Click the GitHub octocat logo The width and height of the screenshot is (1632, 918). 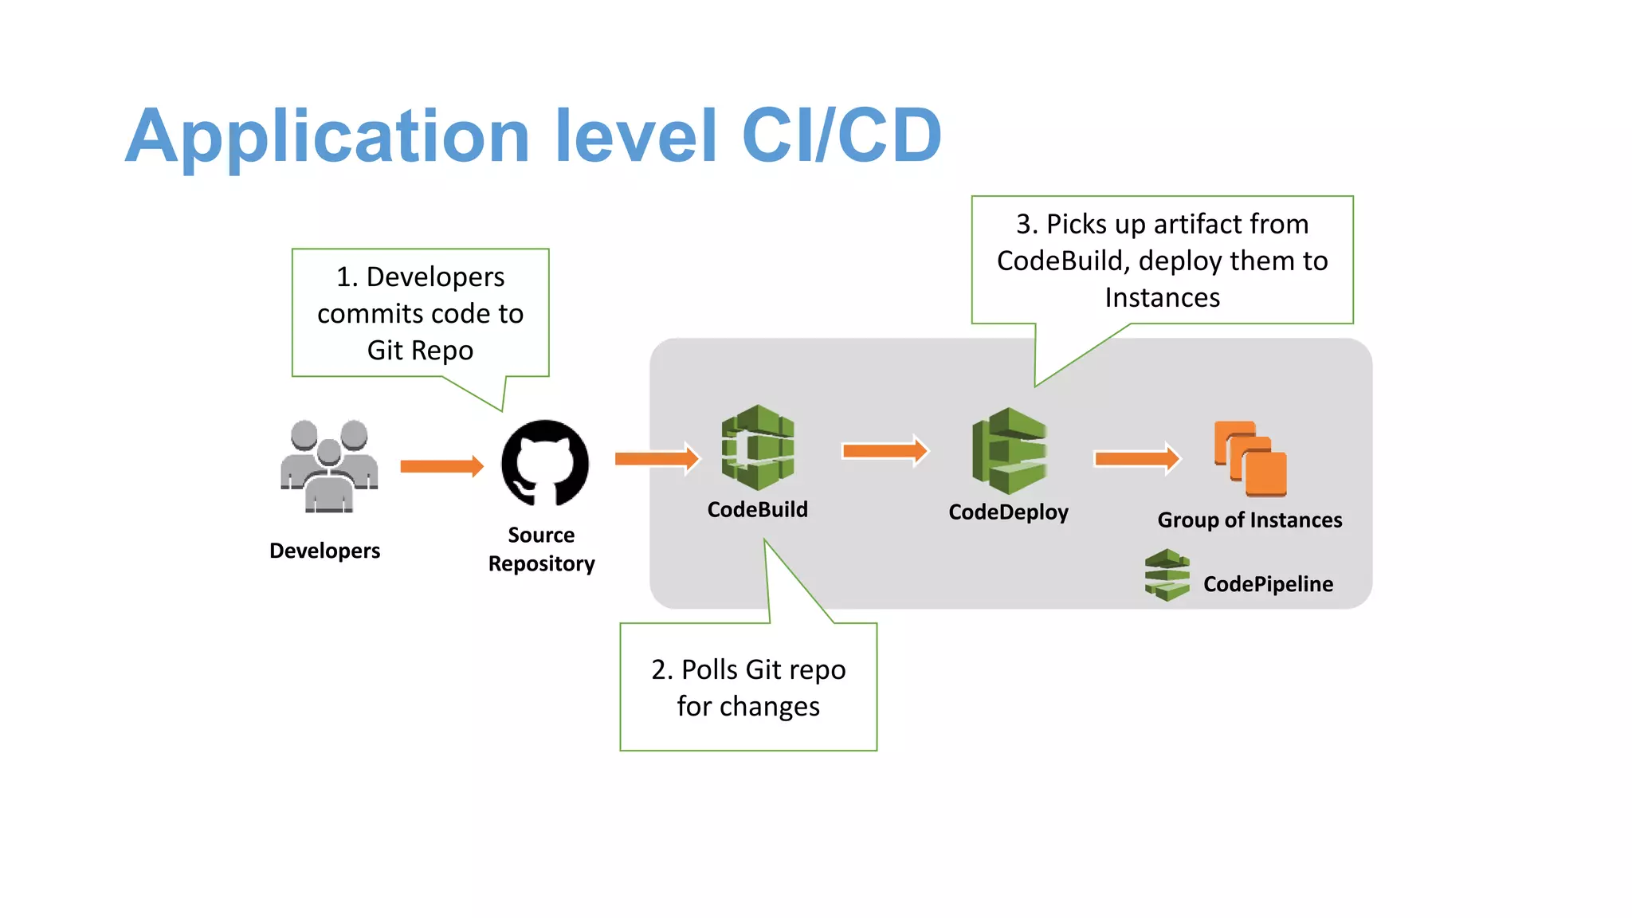(545, 463)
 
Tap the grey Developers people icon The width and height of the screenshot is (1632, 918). (329, 466)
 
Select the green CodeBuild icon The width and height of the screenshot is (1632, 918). (758, 447)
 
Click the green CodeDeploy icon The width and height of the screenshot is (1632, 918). (1009, 451)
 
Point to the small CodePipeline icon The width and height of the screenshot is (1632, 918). (1167, 575)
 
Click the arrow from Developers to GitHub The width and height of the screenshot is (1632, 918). (441, 466)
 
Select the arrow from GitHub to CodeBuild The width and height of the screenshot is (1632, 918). (657, 458)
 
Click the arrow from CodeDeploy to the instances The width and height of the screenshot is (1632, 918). (1136, 458)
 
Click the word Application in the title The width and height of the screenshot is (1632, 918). (327, 137)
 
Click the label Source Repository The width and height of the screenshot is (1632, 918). (541, 549)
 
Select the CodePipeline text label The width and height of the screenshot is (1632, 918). (1267, 584)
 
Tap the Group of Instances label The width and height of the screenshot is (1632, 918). (1249, 520)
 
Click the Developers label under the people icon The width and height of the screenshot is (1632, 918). (324, 551)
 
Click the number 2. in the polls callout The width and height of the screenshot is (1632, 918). (661, 670)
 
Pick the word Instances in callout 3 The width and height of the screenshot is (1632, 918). (1162, 298)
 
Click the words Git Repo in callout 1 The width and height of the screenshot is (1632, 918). (420, 351)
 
